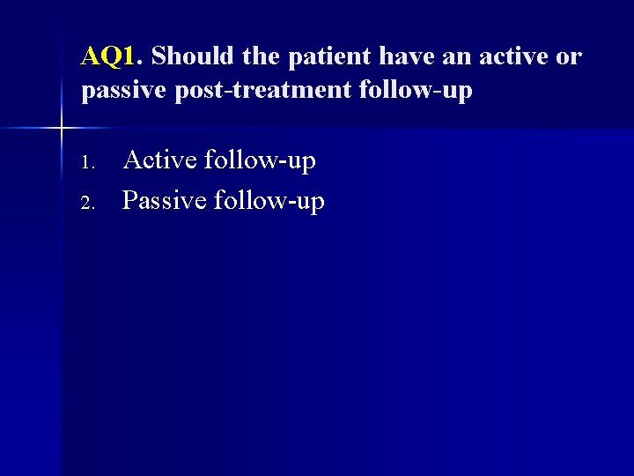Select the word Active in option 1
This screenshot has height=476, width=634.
coord(160,160)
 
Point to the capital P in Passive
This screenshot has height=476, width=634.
coord(129,201)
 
